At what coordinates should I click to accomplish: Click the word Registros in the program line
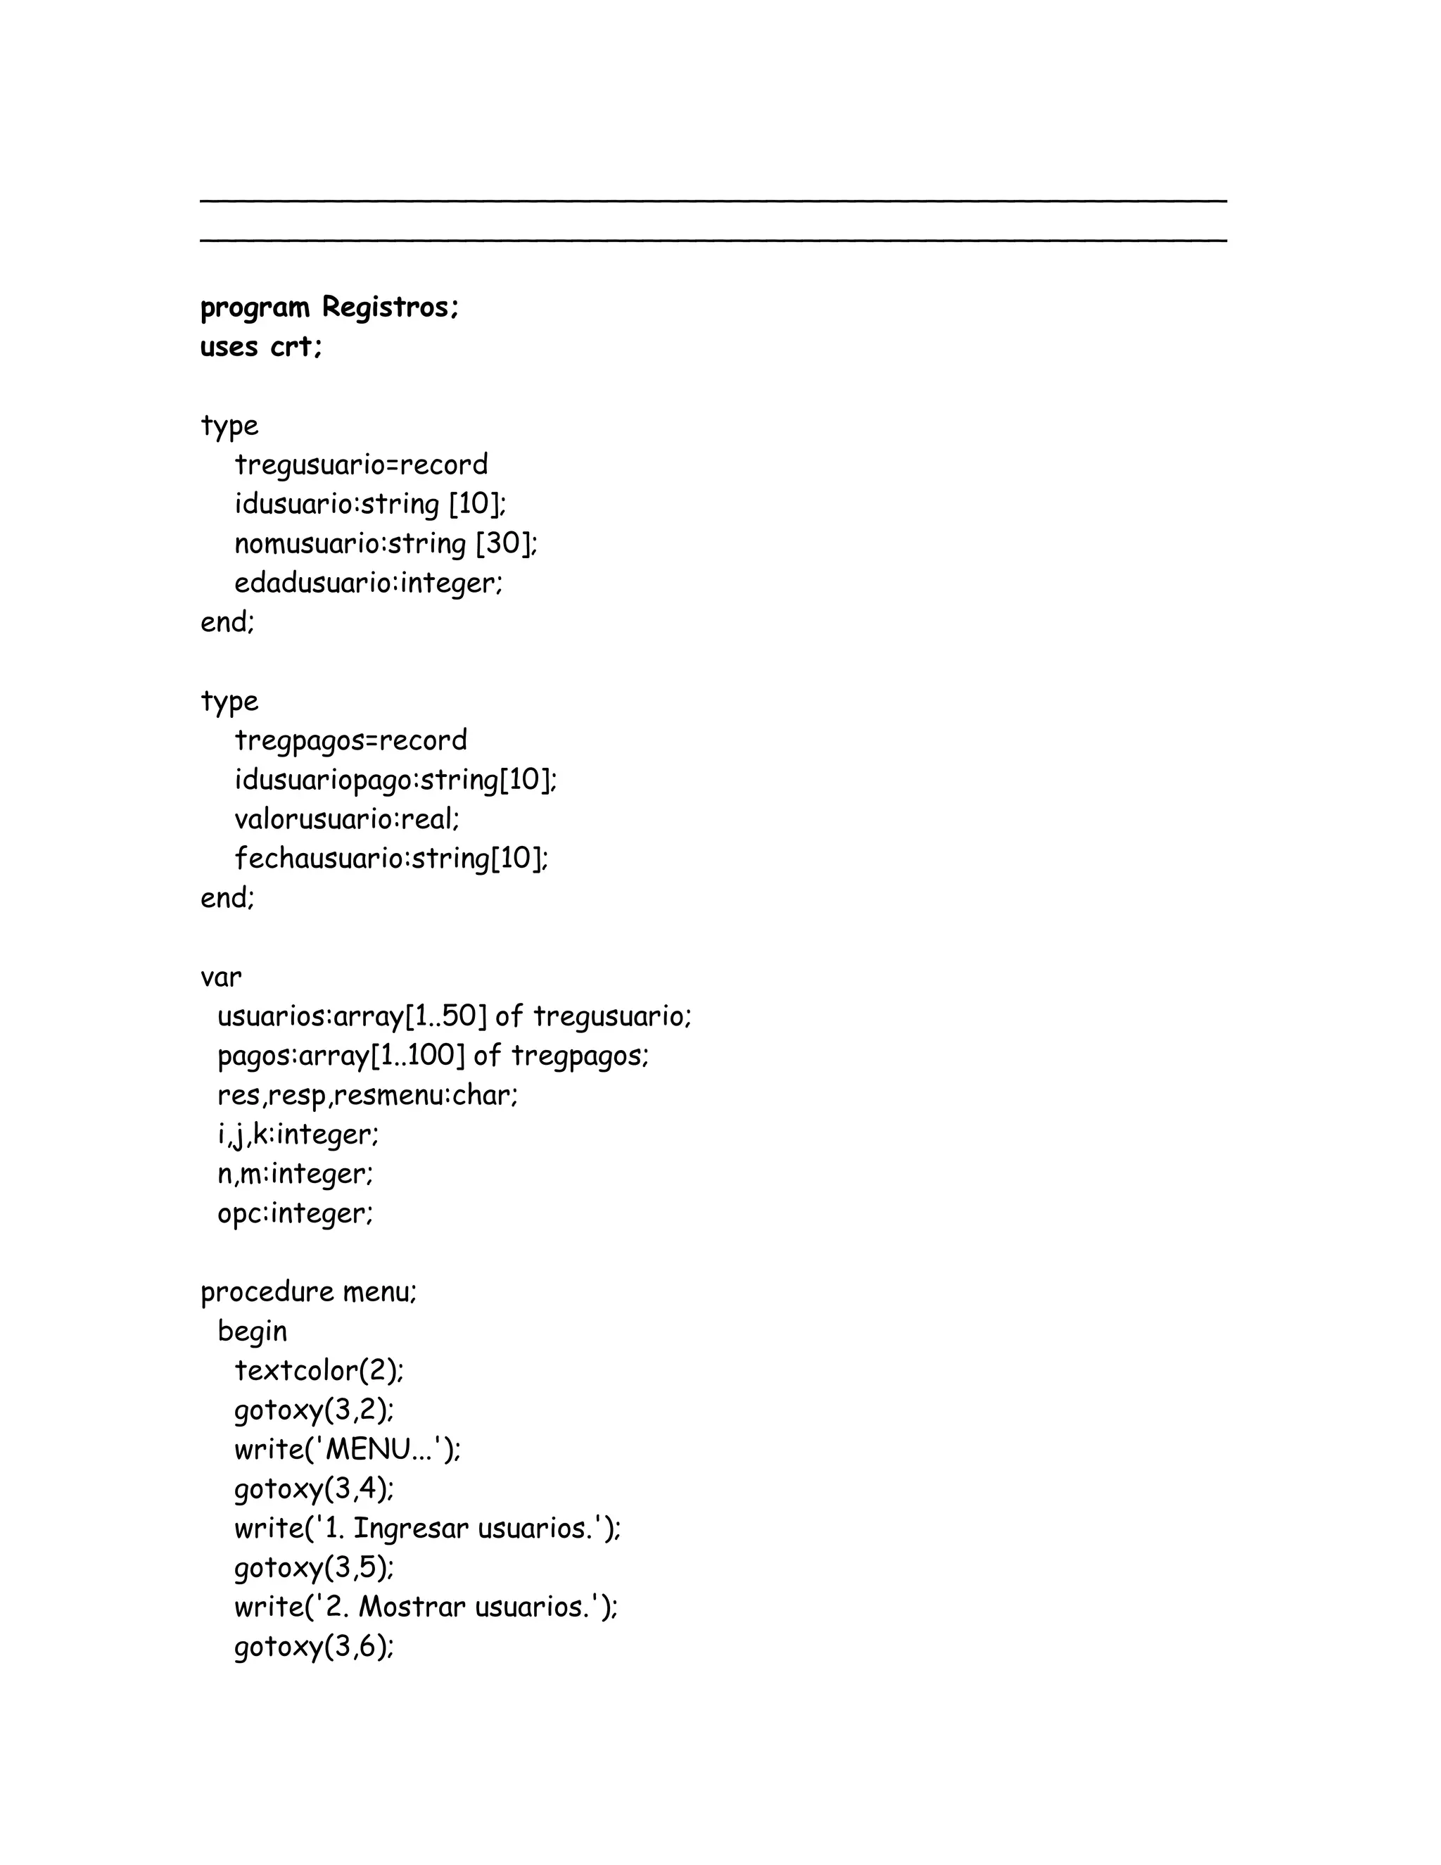tap(389, 308)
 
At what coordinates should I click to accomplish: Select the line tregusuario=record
tap(361, 465)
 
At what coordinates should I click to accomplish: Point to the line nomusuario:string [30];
tap(386, 544)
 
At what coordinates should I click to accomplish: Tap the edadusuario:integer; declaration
tap(369, 583)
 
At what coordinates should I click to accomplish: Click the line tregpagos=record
tap(351, 740)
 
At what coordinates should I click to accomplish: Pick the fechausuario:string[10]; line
tap(391, 858)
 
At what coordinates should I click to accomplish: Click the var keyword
tap(221, 977)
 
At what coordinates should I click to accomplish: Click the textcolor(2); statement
tap(319, 1370)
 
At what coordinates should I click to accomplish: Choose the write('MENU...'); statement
tap(348, 1449)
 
